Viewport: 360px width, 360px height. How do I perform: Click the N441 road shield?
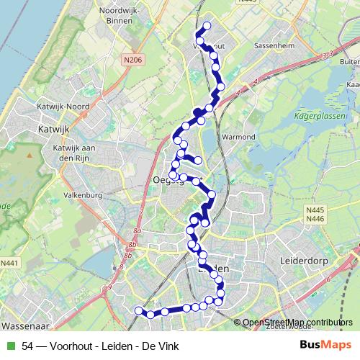click(9, 264)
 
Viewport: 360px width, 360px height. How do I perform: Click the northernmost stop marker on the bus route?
click(207, 26)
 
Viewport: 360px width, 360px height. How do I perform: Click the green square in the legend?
click(9, 346)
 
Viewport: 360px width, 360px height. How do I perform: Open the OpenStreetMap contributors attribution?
click(297, 323)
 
